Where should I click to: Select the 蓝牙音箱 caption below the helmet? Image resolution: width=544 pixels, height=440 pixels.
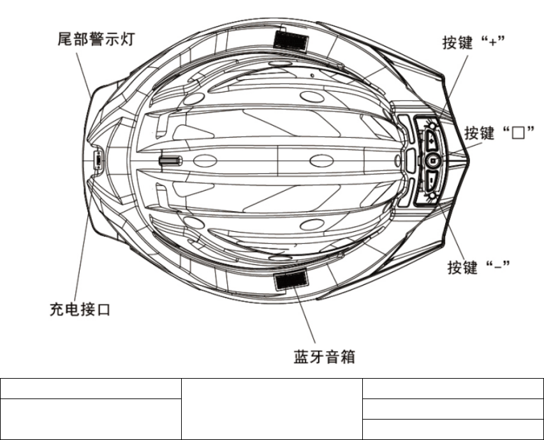click(324, 356)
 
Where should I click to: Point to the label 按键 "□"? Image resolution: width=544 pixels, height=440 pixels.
click(499, 133)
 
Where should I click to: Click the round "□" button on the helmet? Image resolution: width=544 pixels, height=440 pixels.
click(434, 160)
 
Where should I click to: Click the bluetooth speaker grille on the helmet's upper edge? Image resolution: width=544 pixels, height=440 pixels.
click(290, 40)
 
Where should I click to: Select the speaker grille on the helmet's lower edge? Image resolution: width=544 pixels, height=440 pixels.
click(290, 278)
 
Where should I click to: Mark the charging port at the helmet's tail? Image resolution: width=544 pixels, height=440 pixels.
click(98, 159)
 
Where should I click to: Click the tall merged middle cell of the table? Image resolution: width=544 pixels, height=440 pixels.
click(271, 409)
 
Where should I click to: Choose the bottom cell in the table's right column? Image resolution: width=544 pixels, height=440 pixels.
click(453, 429)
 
